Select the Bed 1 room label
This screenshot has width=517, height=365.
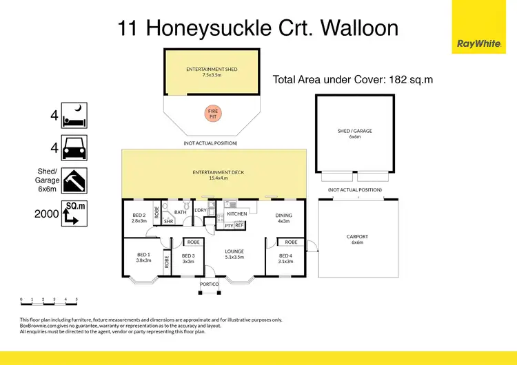tap(144, 258)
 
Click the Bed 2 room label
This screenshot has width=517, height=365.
tap(139, 219)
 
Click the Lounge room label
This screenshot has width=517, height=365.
tap(235, 254)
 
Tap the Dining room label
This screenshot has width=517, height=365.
tap(284, 218)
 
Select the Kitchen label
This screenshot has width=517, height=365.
tap(237, 214)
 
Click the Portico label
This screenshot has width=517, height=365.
tap(209, 284)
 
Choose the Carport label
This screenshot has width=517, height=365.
tap(357, 239)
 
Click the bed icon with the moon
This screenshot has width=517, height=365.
tap(74, 115)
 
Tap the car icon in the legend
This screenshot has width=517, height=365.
tap(74, 148)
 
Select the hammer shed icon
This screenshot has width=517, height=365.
tap(74, 181)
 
